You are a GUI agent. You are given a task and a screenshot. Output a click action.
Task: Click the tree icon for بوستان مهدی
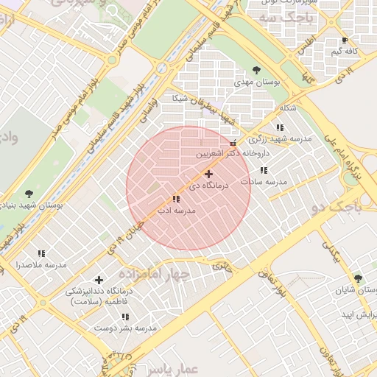256,70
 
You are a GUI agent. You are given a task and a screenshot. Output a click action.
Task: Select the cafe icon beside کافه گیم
345,40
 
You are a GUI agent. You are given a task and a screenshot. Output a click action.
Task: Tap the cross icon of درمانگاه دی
209,175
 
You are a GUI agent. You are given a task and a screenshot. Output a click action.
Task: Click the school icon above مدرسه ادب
175,199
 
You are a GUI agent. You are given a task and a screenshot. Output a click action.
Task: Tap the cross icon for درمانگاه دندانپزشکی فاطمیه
99,280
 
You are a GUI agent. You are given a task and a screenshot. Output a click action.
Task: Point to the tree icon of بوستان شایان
358,278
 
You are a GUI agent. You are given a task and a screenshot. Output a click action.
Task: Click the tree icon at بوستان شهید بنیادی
29,194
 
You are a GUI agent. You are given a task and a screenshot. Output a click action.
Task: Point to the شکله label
289,108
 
